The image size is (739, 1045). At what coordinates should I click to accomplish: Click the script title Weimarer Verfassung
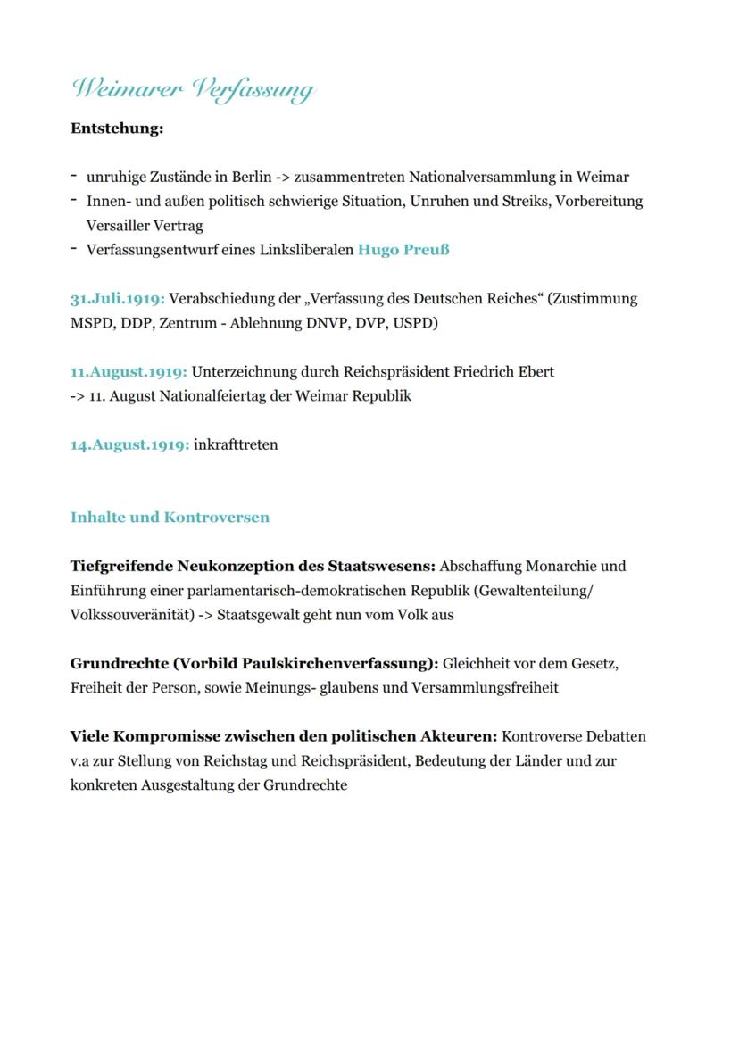193,89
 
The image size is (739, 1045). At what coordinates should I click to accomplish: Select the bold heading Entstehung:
117,129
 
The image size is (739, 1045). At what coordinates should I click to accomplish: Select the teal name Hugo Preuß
403,250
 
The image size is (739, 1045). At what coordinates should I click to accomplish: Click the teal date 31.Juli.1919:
118,298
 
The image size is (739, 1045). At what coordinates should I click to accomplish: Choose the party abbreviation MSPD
92,322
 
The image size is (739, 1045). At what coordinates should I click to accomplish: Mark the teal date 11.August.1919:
129,371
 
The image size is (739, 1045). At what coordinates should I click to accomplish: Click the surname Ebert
535,371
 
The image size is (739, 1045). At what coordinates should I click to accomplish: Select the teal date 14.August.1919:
129,444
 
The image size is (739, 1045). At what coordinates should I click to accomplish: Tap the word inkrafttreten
236,444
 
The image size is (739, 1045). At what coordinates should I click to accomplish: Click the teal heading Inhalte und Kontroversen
170,518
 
